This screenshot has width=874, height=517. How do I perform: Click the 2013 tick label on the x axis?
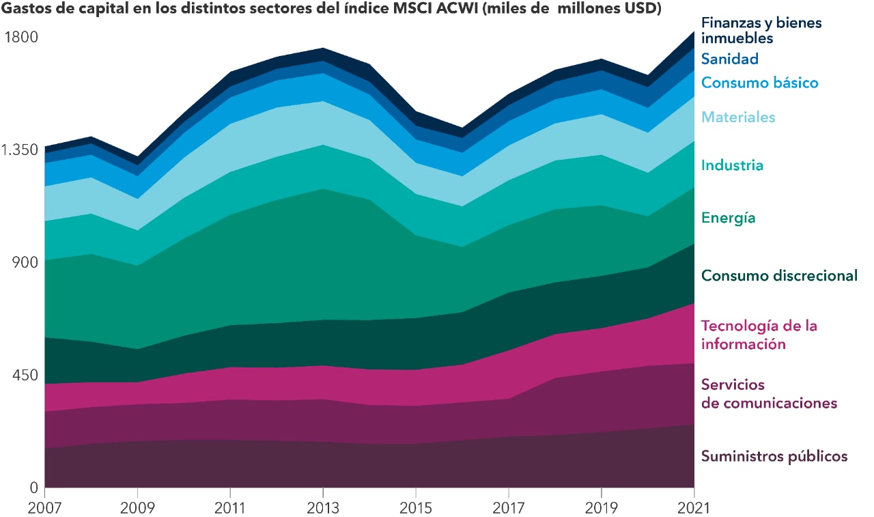323,508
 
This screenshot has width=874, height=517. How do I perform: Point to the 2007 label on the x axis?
44,508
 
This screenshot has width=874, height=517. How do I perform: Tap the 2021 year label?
694,508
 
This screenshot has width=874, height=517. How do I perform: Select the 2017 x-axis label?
509,508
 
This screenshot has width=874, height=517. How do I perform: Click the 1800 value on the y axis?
23,36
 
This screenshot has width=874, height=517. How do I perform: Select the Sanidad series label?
730,59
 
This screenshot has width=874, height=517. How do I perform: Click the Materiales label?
738,117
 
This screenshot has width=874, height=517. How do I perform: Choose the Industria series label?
732,165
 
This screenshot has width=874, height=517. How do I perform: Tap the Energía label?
729,218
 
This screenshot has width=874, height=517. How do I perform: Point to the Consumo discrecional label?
779,275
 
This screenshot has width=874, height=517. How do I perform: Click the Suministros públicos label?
774,456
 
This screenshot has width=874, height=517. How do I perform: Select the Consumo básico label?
759,83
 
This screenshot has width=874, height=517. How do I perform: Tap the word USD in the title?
639,11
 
